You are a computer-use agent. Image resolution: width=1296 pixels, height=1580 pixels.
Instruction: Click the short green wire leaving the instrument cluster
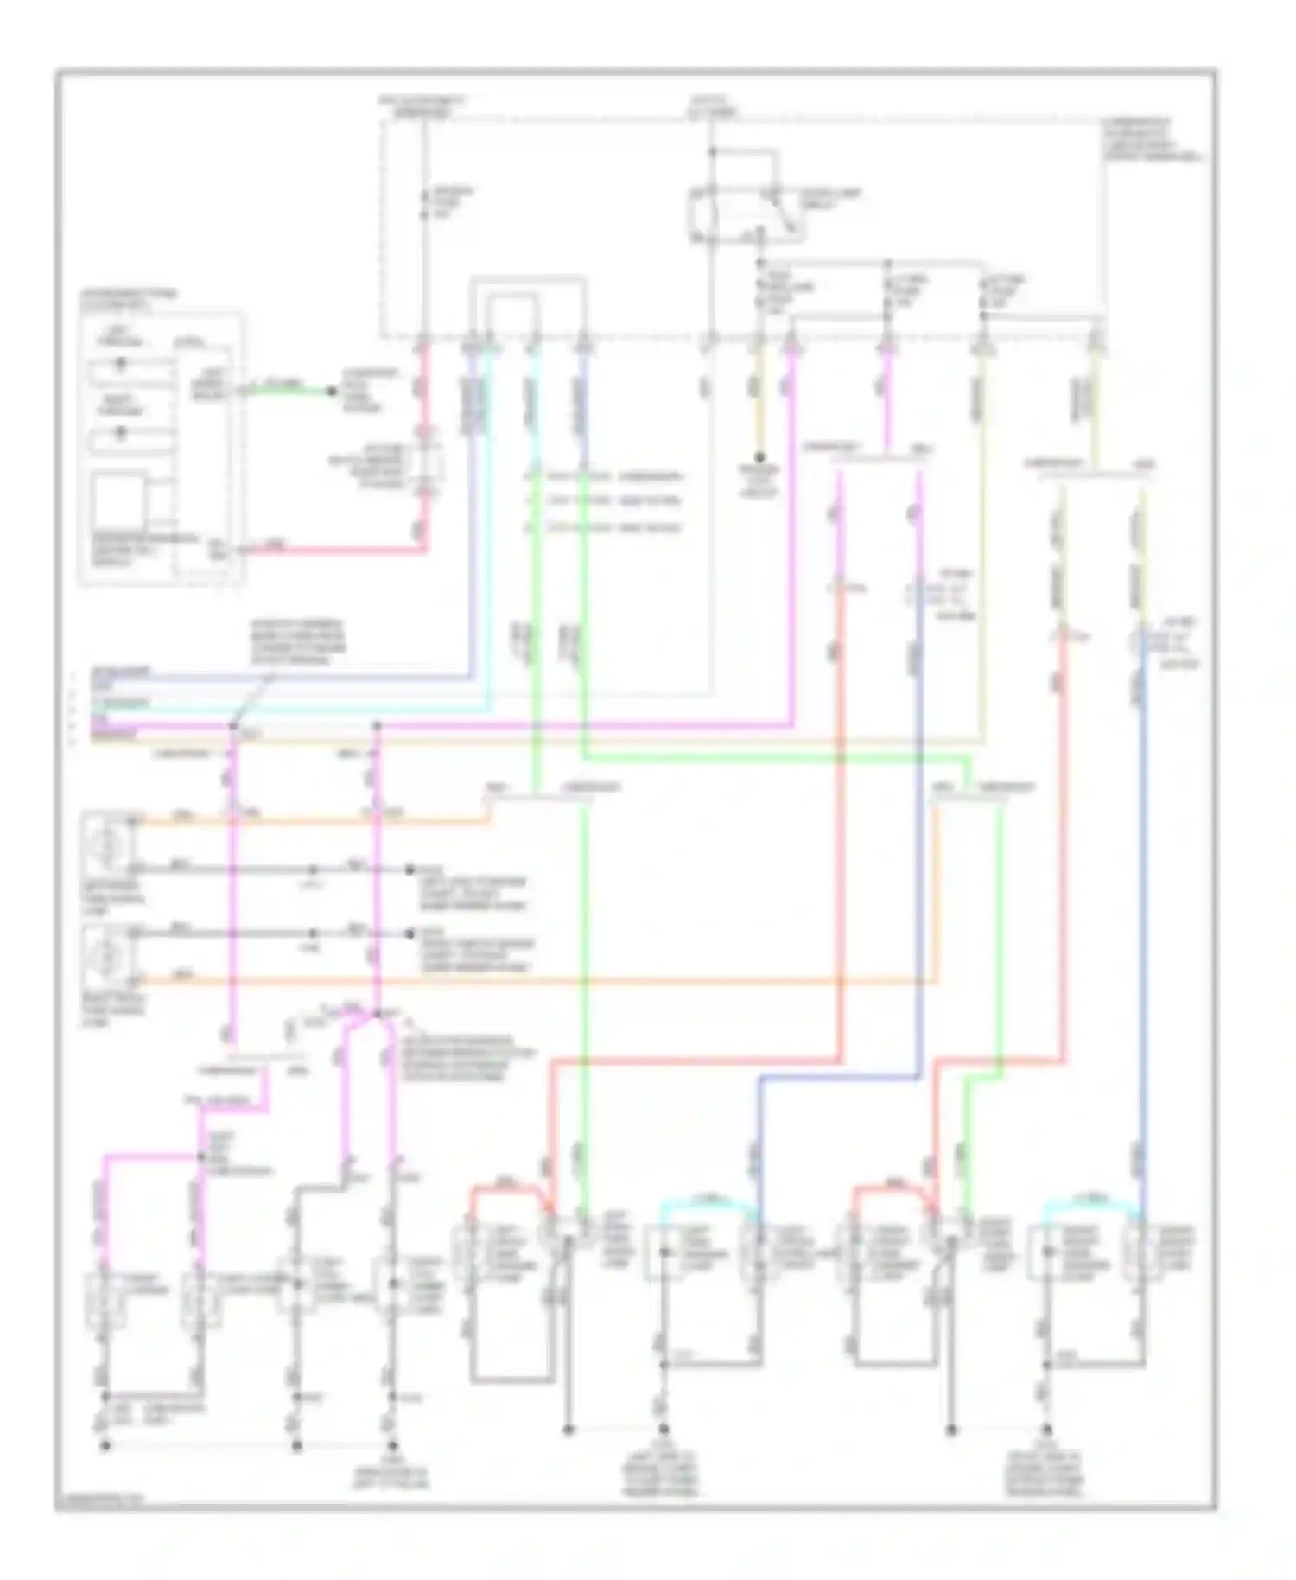[285, 388]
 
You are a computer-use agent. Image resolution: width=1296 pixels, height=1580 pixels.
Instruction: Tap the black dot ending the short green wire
[331, 391]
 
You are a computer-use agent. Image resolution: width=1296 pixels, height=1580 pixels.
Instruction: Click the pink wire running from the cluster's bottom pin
[337, 549]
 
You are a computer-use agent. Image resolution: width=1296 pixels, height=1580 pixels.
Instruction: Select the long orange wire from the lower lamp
[536, 981]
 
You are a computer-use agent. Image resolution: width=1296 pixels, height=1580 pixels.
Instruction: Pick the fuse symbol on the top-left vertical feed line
[424, 204]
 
